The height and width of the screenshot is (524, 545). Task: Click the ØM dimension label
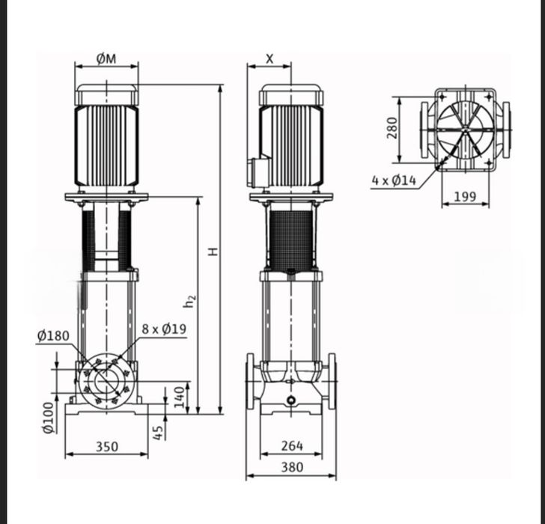[x=106, y=59]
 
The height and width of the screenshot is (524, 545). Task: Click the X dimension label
[x=270, y=59]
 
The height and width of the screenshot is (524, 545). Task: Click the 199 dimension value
[x=465, y=197]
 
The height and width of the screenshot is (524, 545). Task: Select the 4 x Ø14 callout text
[x=394, y=180]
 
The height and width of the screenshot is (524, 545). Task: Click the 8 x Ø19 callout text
[x=164, y=329]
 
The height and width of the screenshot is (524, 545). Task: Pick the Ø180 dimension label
[x=53, y=336]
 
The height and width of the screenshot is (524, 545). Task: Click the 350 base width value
[x=106, y=447]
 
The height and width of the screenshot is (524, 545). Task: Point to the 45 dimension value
[x=158, y=432]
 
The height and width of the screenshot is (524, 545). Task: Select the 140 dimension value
[x=179, y=397]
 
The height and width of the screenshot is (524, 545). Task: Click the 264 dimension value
[x=291, y=446]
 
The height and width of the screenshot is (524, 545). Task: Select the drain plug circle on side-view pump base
[x=291, y=400]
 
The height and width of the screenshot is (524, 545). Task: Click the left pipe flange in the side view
[x=252, y=383]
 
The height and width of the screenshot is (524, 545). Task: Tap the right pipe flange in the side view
[x=331, y=383]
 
